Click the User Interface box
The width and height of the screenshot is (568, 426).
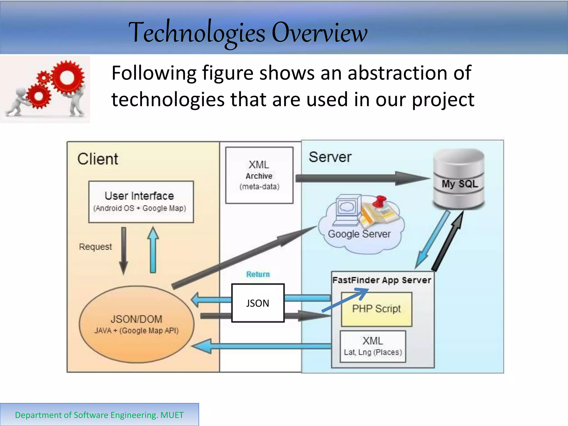coord(141,202)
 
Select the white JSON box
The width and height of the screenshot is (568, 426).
coord(258,303)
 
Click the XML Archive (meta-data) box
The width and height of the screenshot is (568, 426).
coord(259,175)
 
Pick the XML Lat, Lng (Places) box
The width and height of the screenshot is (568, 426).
coord(373,346)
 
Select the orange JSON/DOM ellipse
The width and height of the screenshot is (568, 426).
coord(136,324)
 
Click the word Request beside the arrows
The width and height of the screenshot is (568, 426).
coord(95,247)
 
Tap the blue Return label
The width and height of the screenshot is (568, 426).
coord(258,274)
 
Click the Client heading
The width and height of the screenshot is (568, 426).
coord(98,159)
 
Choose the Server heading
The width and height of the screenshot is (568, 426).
coord(330,157)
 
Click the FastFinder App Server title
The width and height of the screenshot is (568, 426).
coord(382,280)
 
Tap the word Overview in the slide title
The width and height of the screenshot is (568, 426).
coord(319,33)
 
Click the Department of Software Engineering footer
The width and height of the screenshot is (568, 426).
coord(99,415)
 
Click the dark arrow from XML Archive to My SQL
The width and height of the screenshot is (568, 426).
coord(361,178)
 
